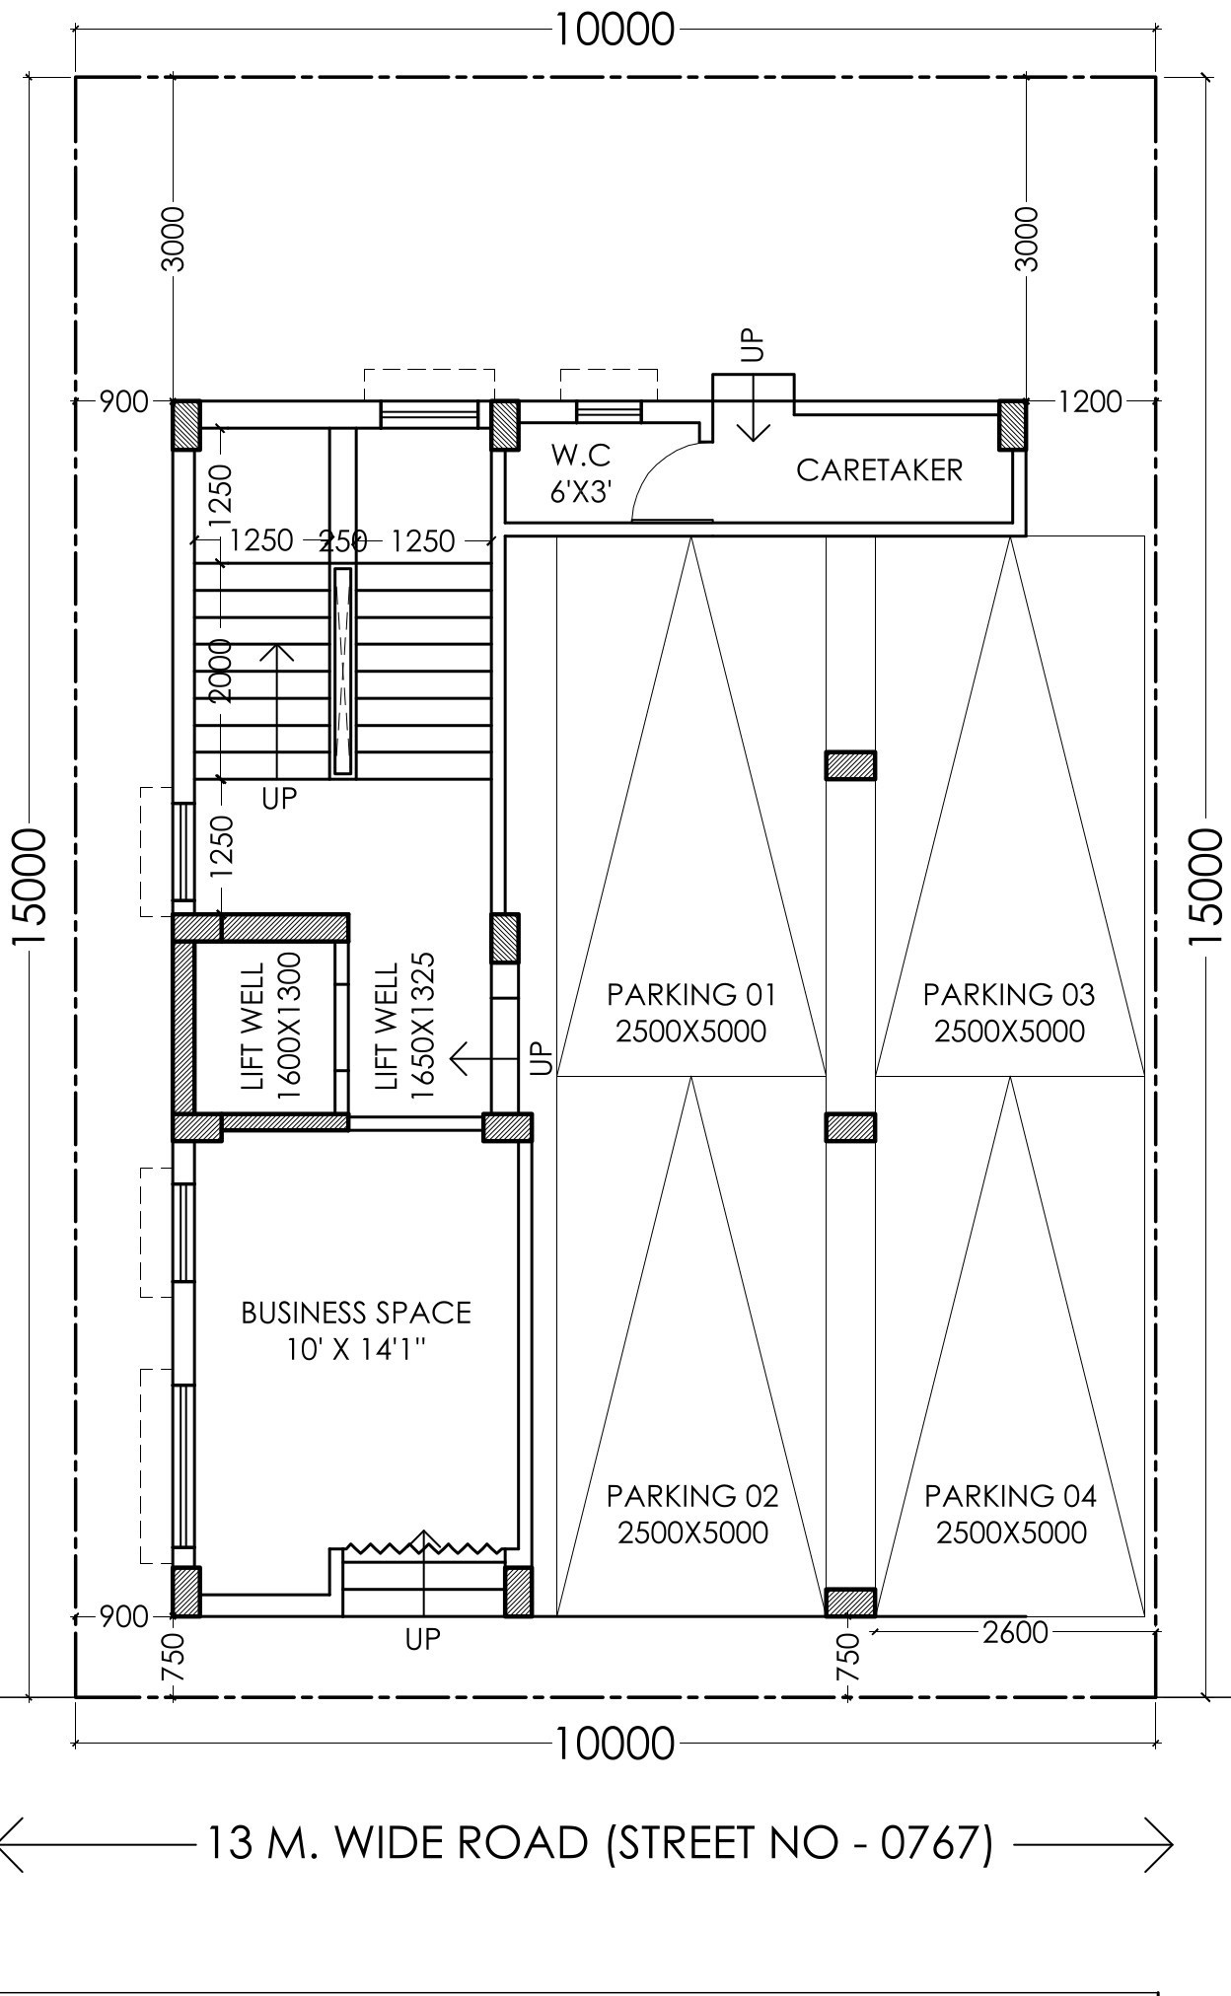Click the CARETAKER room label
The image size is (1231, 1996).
[879, 470]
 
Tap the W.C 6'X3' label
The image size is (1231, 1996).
[581, 473]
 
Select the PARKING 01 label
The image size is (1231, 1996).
[691, 1013]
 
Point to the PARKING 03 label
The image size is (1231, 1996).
[1009, 1013]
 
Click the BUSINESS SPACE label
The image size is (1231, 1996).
[356, 1330]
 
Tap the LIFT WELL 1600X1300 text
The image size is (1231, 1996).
[271, 1027]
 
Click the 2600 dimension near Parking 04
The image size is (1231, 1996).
[1015, 1632]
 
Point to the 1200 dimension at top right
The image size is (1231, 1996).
[1090, 401]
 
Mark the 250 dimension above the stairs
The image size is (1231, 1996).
[343, 540]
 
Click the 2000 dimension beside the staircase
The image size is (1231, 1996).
[220, 671]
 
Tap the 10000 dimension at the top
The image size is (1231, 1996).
[615, 30]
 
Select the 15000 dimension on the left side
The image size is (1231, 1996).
[30, 887]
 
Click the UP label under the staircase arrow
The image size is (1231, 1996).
[279, 798]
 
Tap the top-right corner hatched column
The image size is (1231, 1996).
[1012, 425]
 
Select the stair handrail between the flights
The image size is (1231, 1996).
[342, 671]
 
